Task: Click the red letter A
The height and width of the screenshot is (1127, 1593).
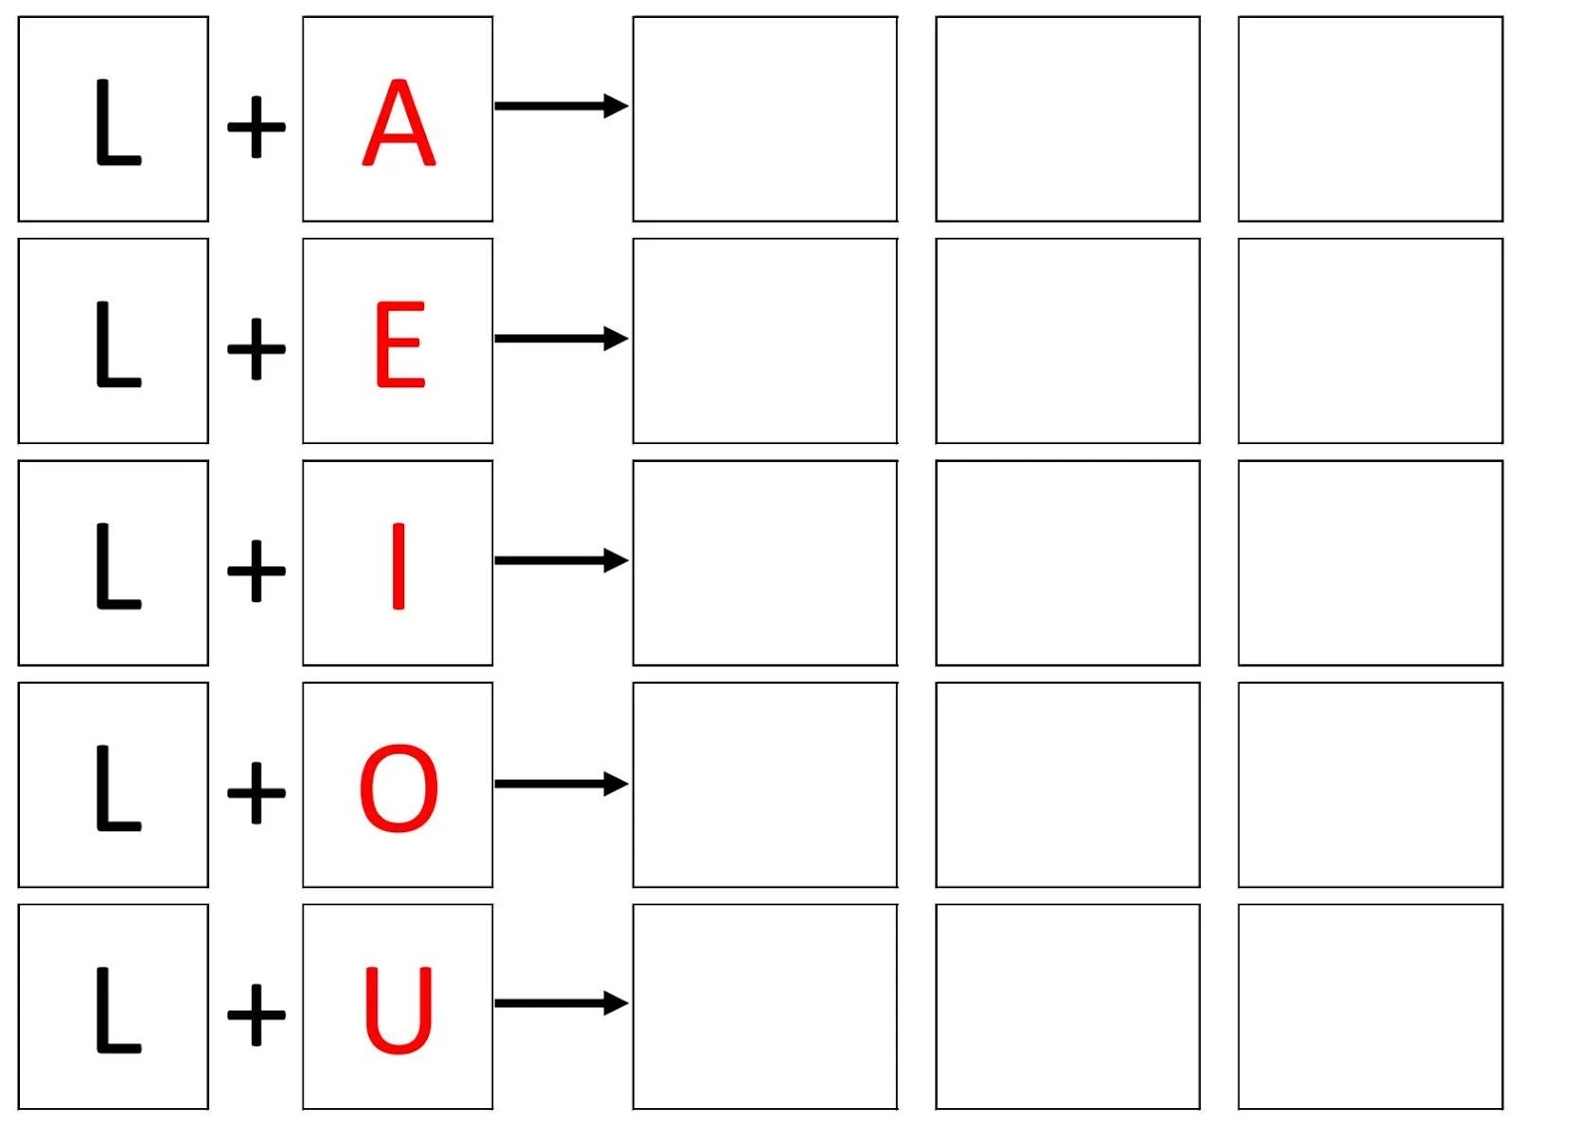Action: click(398, 123)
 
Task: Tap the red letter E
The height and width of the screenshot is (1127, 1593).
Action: click(399, 344)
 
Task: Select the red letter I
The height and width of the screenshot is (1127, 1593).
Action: click(398, 565)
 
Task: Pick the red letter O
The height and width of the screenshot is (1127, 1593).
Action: click(398, 788)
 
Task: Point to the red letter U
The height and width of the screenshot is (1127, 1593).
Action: click(398, 1010)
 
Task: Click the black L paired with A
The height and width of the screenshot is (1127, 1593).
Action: click(117, 123)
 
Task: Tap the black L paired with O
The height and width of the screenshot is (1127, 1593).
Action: click(117, 788)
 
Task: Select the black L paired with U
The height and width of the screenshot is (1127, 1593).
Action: click(117, 1010)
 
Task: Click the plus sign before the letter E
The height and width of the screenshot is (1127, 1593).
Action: click(256, 348)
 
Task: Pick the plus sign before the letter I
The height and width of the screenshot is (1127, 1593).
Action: click(256, 570)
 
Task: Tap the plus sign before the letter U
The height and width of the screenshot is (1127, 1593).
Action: click(256, 1014)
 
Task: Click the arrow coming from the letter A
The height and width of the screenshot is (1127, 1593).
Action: click(561, 106)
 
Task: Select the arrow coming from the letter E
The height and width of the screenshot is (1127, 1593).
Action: click(561, 338)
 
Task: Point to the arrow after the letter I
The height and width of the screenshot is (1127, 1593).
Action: click(561, 561)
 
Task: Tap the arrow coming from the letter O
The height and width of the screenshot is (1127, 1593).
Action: click(561, 784)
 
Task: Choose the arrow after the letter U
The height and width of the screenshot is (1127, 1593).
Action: click(561, 1003)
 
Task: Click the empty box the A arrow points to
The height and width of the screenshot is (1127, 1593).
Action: click(765, 118)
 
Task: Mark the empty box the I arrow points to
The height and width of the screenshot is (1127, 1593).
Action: click(765, 563)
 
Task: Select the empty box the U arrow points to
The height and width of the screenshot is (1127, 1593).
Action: click(765, 1007)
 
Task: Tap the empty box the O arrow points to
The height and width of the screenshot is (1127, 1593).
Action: click(765, 785)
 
